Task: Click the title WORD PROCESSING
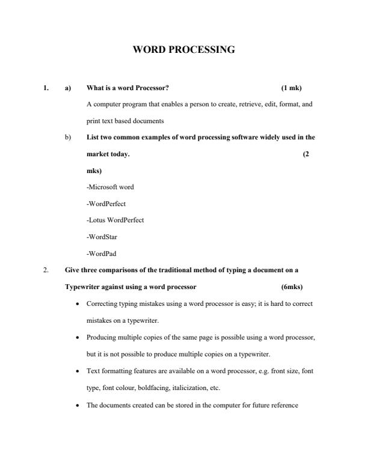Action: tap(183, 50)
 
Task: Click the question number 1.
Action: tap(46, 88)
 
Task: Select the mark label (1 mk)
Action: tap(291, 88)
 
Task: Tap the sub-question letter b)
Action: tap(68, 137)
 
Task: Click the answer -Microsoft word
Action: tap(110, 187)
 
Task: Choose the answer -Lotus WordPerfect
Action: tap(115, 220)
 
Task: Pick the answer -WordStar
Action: tap(102, 237)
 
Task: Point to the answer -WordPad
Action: tap(101, 253)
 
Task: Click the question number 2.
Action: tap(46, 270)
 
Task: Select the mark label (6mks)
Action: tap(292, 287)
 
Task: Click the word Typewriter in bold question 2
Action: tap(82, 287)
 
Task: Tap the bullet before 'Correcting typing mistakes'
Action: tap(79, 304)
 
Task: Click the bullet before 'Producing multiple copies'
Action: tap(79, 337)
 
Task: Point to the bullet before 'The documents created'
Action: tap(79, 405)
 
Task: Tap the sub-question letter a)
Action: tap(68, 88)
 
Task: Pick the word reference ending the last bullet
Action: tap(285, 405)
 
